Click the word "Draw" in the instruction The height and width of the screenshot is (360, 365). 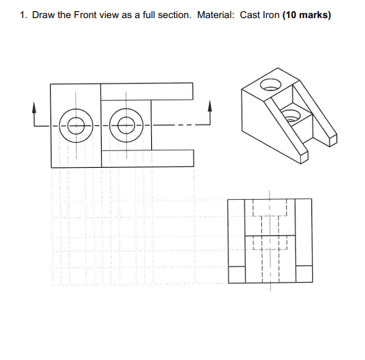pos(43,15)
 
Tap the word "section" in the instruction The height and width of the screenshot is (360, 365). pos(173,15)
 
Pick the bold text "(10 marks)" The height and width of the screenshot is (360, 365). pos(306,15)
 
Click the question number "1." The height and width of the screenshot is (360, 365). pos(24,15)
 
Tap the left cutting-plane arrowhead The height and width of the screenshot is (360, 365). pos(33,109)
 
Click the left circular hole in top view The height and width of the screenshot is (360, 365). pos(75,125)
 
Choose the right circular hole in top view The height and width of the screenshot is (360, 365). pos(125,125)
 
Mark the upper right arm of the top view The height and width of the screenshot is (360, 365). pos(171,90)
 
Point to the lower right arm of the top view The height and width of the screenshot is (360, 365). pos(171,159)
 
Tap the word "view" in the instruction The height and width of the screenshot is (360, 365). pos(110,15)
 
